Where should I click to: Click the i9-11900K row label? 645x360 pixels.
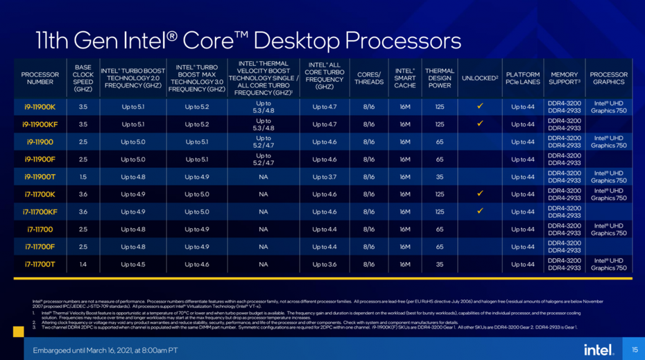(x=40, y=107)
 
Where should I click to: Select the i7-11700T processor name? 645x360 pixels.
(x=40, y=264)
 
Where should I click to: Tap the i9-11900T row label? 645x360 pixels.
(x=40, y=177)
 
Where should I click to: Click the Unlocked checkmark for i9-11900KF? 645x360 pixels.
(x=479, y=124)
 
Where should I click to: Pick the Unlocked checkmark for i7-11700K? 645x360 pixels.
(x=479, y=194)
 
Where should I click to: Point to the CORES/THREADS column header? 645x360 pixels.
(x=369, y=78)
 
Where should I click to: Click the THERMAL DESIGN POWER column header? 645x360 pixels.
(x=440, y=78)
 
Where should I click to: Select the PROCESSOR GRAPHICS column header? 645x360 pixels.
(x=609, y=78)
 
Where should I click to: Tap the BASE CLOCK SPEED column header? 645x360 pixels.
(x=83, y=78)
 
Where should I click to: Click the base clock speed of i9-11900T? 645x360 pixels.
(x=83, y=177)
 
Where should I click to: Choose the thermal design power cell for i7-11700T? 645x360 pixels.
(x=440, y=264)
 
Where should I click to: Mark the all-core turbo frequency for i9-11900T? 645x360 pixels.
(x=325, y=177)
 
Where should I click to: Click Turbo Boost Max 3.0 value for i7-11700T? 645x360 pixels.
(x=197, y=264)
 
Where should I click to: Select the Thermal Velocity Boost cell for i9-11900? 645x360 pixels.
(x=264, y=142)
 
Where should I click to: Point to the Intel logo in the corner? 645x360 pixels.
(x=597, y=349)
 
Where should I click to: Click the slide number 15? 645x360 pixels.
(x=634, y=349)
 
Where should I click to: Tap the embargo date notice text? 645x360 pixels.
(x=105, y=350)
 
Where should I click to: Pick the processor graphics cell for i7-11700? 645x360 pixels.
(x=609, y=229)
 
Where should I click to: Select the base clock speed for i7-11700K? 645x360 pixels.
(x=83, y=194)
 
